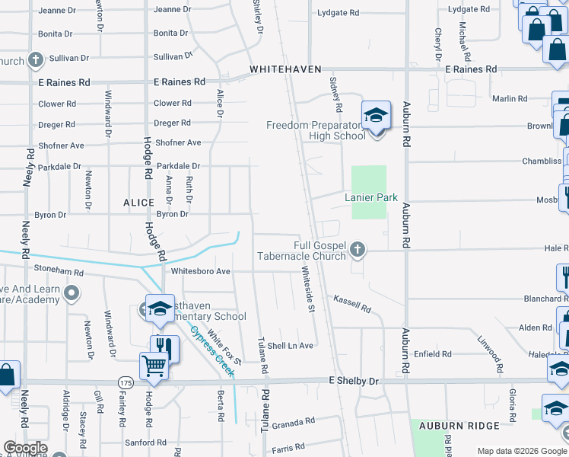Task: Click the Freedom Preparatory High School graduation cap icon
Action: pos(376,117)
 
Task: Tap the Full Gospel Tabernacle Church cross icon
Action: pos(356,248)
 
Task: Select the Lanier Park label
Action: pos(371,197)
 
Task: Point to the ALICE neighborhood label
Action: pos(139,203)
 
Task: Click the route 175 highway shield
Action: pos(126,381)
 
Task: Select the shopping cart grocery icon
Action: pos(154,366)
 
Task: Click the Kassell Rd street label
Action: pos(352,305)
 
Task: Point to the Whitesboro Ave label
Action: pos(201,271)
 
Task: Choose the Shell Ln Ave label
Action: pos(291,346)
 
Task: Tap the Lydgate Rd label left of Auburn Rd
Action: pos(338,13)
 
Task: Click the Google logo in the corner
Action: pos(25,448)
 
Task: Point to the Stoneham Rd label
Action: pos(58,270)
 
